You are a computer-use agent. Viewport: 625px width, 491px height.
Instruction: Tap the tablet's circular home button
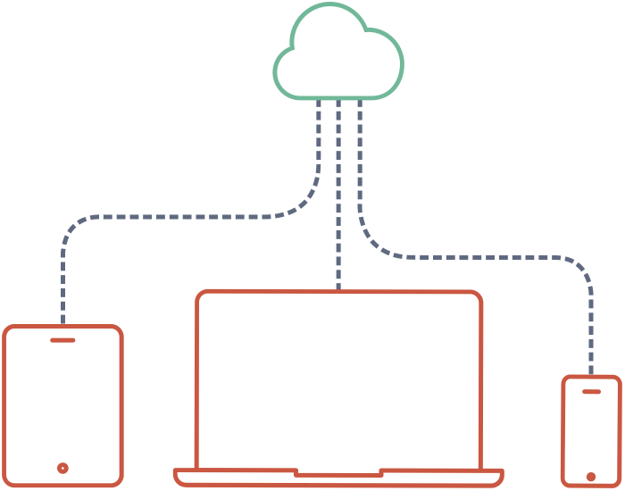62,468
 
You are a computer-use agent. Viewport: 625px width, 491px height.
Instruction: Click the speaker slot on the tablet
62,340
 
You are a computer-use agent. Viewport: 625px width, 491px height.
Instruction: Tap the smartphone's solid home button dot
591,477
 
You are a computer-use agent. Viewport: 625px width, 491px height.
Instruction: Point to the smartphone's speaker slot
591,391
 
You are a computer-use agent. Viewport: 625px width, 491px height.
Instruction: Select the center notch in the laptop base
338,473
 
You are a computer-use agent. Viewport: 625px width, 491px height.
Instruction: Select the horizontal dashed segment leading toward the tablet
179,217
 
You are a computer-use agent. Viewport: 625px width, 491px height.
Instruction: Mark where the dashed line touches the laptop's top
338,290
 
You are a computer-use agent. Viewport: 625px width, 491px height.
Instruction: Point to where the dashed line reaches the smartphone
591,375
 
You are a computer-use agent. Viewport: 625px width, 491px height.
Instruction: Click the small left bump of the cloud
284,66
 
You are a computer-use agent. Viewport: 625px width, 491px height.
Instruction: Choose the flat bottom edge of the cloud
338,96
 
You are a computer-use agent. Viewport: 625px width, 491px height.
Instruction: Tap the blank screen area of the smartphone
591,433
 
